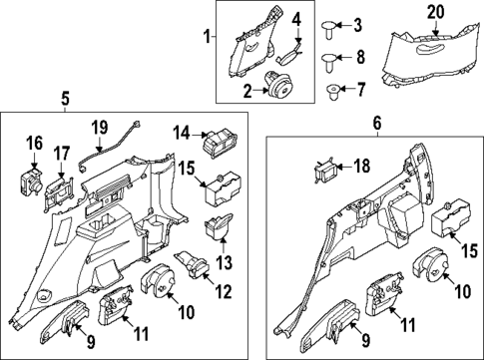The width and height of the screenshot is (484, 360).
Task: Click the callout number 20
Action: click(433, 11)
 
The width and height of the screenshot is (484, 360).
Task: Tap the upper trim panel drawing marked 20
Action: click(431, 50)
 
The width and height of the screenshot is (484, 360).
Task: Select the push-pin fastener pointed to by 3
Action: click(333, 24)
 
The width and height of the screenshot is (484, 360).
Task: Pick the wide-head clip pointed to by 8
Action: click(296, 20)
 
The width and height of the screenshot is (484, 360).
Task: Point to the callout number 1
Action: click(208, 37)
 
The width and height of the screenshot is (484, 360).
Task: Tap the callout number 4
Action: click(296, 20)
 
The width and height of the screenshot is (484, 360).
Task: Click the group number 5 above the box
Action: click(65, 98)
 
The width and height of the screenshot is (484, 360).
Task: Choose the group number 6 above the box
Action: click(377, 123)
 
